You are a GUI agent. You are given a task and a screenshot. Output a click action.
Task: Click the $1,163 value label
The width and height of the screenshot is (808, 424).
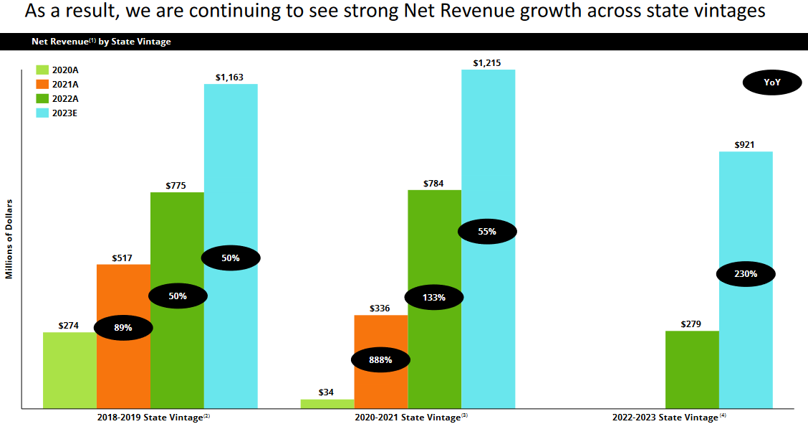(x=231, y=77)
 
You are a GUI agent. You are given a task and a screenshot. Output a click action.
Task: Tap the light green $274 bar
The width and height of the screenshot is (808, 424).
(x=69, y=370)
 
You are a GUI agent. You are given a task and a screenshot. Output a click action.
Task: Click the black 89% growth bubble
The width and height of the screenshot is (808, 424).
(x=123, y=328)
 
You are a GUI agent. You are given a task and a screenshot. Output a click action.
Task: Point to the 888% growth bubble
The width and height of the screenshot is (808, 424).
(x=380, y=359)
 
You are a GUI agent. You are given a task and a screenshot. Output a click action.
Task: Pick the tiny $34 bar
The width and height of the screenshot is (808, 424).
(x=327, y=404)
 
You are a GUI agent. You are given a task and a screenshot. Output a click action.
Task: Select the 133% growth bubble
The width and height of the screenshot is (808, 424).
(x=434, y=297)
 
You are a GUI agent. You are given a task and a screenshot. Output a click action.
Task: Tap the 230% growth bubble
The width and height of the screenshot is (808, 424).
(x=745, y=273)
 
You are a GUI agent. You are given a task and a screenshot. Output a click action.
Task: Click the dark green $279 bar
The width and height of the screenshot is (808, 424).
(x=692, y=369)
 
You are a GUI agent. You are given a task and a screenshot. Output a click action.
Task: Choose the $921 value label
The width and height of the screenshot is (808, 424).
(x=745, y=145)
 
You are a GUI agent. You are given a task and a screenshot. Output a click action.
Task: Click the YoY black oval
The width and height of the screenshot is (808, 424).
(x=771, y=83)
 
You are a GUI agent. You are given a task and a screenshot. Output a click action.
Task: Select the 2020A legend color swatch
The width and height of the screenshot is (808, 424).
(x=42, y=70)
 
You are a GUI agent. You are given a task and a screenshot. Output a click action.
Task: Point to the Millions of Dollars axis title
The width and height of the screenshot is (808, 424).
(x=9, y=237)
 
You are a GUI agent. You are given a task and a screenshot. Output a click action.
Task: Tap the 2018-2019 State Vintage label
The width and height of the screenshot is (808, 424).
(x=150, y=417)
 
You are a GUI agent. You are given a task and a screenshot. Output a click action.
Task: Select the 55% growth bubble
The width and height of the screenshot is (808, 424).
(x=487, y=231)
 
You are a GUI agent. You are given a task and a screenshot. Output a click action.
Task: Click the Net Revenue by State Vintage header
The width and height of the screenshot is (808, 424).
(x=101, y=42)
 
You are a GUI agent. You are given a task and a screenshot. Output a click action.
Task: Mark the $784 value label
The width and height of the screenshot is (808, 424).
(x=434, y=183)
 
